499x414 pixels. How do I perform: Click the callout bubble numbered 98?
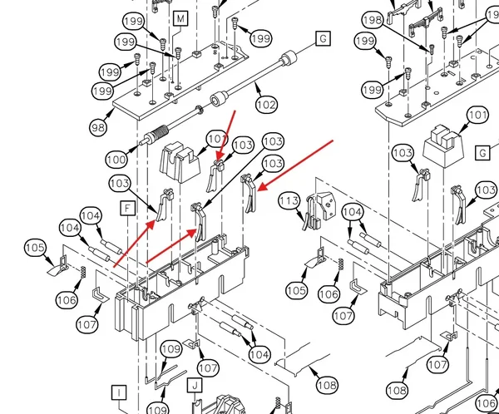click(98, 127)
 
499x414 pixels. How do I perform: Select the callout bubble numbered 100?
click(116, 160)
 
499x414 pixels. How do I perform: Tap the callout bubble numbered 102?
click(266, 105)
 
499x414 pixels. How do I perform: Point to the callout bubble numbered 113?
click(289, 201)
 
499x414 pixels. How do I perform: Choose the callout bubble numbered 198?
click(373, 20)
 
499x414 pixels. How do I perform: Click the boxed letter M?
click(180, 19)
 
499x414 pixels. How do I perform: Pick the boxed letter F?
click(128, 209)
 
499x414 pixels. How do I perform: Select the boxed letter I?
click(119, 392)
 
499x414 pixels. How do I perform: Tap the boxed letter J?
click(195, 386)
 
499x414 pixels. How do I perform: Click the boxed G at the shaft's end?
click(324, 38)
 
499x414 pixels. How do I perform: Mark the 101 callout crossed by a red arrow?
click(217, 139)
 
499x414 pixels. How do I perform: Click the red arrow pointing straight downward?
click(226, 136)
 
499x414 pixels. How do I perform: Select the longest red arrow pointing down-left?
click(295, 165)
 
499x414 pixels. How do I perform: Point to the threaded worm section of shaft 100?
click(158, 132)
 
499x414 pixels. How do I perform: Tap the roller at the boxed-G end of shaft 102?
click(288, 57)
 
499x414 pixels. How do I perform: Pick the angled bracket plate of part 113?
click(327, 205)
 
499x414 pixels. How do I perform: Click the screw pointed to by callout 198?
click(432, 49)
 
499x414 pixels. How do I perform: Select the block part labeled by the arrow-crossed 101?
click(180, 162)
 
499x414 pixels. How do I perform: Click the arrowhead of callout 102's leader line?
click(259, 85)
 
